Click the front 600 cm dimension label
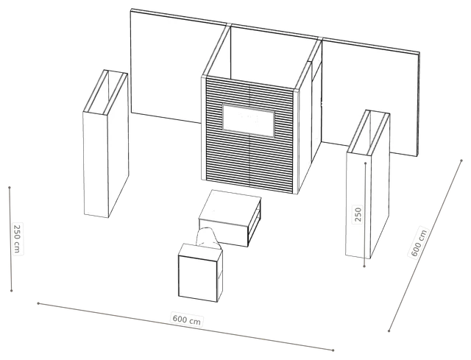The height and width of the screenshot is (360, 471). point(186,320)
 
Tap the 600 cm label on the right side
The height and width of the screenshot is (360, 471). point(419,242)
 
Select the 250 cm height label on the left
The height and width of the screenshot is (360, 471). point(18,239)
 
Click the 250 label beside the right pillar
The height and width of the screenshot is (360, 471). point(358,214)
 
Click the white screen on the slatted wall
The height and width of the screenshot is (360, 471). point(249,120)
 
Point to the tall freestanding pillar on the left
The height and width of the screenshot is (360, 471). point(106,144)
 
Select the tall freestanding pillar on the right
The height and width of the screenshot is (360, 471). point(368,184)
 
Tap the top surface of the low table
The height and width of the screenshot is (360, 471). point(230,208)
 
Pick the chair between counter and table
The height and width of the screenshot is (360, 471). point(208,239)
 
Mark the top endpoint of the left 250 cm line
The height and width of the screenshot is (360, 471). point(10,188)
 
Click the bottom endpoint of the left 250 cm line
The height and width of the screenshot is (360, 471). point(12,291)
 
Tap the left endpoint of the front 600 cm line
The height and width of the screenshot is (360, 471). point(38,303)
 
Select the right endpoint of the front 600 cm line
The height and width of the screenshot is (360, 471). point(333,350)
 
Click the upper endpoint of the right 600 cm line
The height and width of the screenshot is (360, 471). point(461,160)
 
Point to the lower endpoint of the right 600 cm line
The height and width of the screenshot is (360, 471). point(389,331)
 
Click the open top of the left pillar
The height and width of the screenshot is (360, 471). point(105,92)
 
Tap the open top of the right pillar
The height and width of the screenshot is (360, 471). point(368,133)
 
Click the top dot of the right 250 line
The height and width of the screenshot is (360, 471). point(366,163)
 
